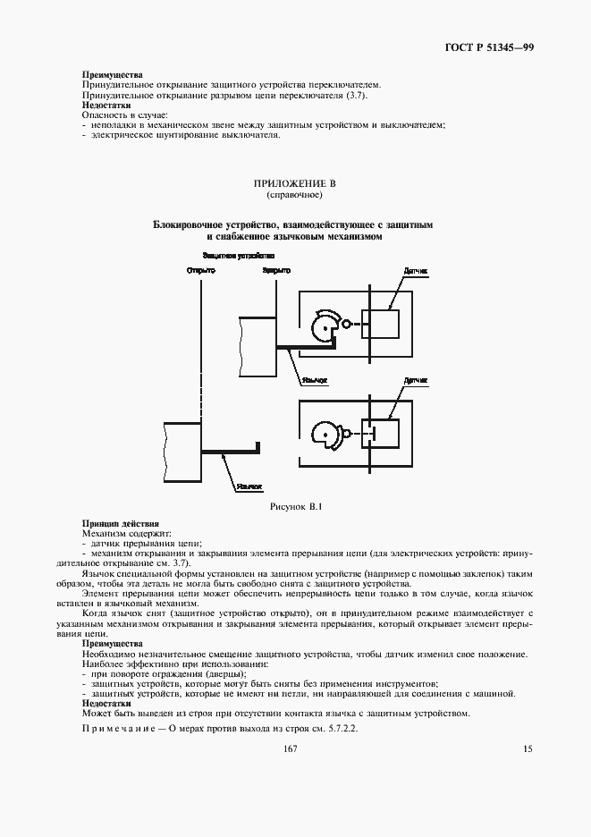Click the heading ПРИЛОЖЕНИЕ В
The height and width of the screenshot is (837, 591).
coord(294,183)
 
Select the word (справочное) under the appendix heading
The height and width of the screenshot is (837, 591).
coord(294,194)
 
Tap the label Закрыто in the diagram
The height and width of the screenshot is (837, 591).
coord(276,270)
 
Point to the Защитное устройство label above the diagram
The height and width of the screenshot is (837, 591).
coord(237,255)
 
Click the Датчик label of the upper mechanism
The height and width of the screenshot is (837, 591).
coord(416,270)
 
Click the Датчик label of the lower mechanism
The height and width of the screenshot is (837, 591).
coord(417,380)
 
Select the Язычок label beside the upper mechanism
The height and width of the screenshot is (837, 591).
coord(315,379)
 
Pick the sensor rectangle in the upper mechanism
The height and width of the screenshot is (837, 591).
coord(380,324)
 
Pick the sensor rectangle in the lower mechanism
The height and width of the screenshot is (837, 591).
coord(380,434)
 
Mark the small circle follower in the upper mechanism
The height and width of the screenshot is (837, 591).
coord(346,325)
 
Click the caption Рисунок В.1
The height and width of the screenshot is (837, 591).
coord(294,507)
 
